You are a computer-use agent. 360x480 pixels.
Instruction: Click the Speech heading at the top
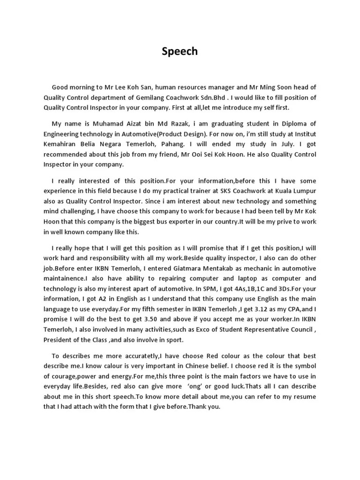(x=180, y=51)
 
